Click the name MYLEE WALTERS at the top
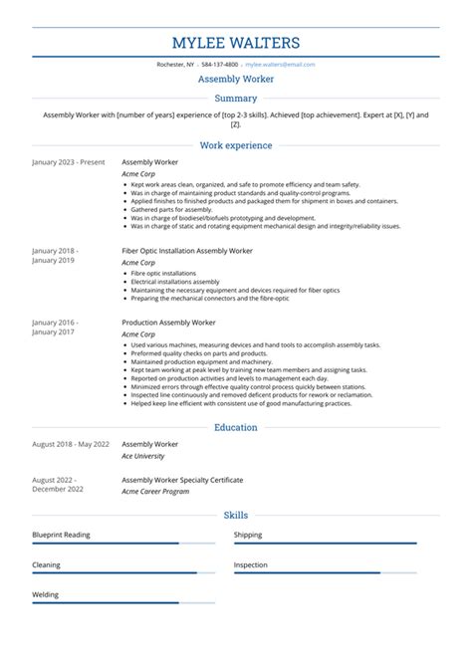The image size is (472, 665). [x=236, y=43]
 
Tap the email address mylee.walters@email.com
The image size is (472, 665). [x=280, y=64]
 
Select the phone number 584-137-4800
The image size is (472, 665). [x=220, y=64]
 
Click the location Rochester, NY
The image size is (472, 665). [x=177, y=64]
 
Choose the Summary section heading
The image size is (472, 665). [x=236, y=99]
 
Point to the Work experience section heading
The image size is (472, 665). [x=236, y=145]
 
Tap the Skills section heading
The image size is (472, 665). [x=236, y=516]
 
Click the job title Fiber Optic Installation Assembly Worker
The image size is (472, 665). [x=187, y=251]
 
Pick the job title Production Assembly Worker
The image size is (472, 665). [x=168, y=323]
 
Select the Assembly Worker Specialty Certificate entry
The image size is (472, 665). [x=182, y=479]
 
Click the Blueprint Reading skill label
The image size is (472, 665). [x=61, y=535]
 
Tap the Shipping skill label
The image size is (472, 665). [x=248, y=535]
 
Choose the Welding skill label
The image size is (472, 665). [x=46, y=594]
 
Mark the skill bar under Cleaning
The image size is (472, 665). [x=122, y=573]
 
